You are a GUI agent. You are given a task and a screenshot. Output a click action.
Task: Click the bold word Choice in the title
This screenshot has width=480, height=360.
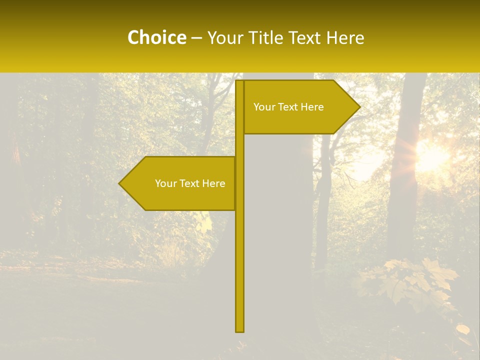click(x=156, y=38)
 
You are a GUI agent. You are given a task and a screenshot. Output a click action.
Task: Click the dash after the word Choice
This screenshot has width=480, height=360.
click(x=196, y=38)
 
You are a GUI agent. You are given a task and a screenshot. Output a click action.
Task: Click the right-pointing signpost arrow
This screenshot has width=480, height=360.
click(x=300, y=107)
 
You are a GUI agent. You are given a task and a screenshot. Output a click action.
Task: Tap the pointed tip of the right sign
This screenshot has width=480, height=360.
click(x=358, y=107)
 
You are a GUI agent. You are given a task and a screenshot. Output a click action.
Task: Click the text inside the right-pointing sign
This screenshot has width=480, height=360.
click(x=288, y=107)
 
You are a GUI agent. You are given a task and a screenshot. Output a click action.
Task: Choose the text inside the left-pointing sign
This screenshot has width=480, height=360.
click(x=190, y=183)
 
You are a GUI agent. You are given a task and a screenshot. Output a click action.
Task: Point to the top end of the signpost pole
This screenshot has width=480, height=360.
click(x=240, y=82)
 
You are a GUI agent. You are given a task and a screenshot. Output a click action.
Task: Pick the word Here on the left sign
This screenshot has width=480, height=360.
click(x=213, y=183)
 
